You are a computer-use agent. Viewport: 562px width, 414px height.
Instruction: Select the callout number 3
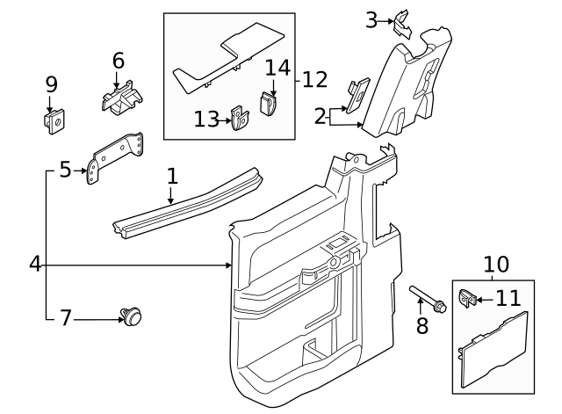pos(371,18)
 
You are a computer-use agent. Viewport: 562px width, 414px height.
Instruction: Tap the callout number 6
pos(118,61)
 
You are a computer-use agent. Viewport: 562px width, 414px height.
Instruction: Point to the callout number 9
pos(52,84)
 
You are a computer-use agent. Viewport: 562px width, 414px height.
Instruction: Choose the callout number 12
pos(314,80)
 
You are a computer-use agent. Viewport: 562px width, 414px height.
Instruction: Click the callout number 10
pos(496,264)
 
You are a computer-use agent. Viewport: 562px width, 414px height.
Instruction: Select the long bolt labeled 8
pos(426,298)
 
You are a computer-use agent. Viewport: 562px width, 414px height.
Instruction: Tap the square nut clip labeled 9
pos(53,121)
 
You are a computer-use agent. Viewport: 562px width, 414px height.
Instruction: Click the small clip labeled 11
pos(468,299)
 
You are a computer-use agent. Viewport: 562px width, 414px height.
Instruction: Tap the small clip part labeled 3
pos(404,21)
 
